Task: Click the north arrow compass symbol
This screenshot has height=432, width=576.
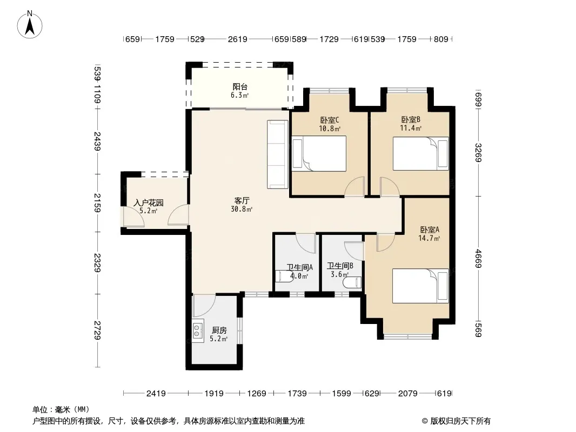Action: [30, 25]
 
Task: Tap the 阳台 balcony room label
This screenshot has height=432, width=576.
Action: [240, 86]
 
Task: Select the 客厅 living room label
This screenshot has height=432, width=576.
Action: [242, 200]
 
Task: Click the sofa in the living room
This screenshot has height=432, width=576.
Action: [277, 154]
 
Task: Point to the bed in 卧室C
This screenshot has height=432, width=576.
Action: [319, 153]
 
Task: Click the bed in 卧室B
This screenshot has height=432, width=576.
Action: [420, 153]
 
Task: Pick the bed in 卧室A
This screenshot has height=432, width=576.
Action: [420, 286]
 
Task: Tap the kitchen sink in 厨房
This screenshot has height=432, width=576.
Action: [198, 330]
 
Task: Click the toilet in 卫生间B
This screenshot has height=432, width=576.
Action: [352, 282]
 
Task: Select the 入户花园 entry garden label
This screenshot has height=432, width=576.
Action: [149, 202]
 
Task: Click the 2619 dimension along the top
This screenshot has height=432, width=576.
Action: [237, 39]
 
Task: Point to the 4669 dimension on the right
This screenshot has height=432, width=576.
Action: [478, 259]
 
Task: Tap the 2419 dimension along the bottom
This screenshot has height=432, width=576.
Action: [156, 394]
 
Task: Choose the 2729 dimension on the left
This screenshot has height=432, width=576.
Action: [97, 330]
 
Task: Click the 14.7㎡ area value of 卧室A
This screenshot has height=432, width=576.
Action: [429, 238]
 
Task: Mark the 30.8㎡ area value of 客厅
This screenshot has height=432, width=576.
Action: [242, 209]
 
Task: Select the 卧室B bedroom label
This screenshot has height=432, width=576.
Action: [410, 120]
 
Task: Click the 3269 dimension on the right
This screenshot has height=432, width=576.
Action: [478, 153]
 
